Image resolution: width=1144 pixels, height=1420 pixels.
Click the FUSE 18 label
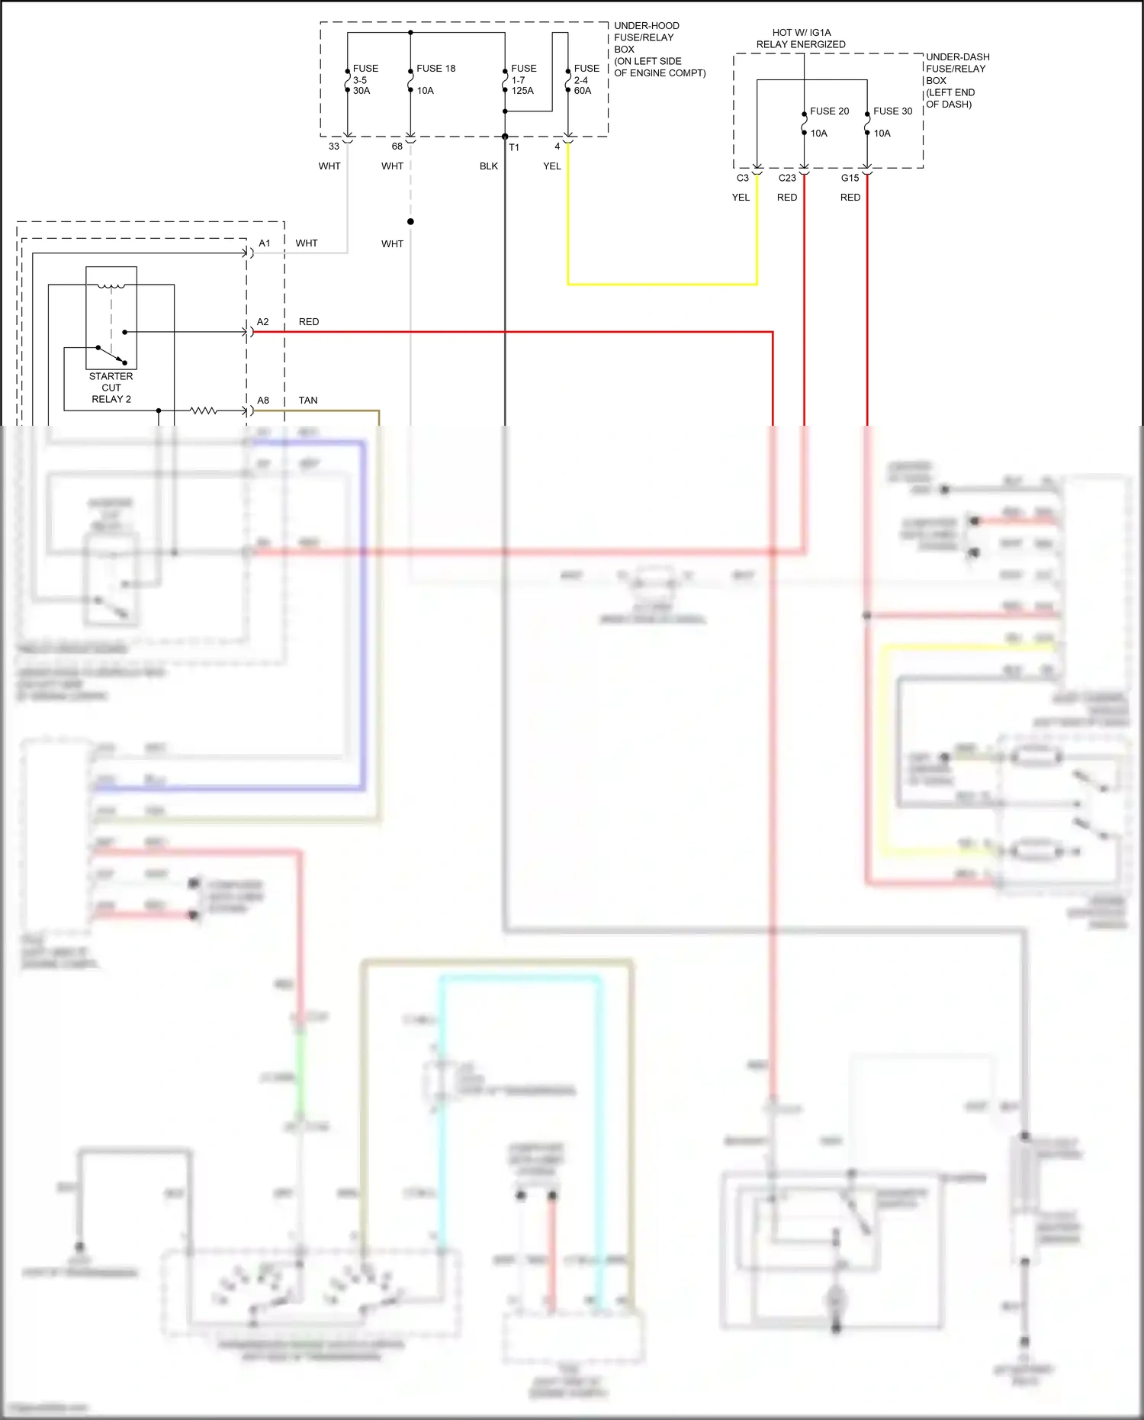(x=435, y=69)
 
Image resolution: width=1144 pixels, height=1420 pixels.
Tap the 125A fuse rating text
(x=522, y=91)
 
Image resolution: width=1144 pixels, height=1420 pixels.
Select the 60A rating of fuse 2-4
(x=583, y=91)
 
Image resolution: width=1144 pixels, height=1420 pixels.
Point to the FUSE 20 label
(x=829, y=111)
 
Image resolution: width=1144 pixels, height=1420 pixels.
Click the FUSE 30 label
(x=892, y=111)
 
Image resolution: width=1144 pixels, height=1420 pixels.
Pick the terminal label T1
(x=514, y=147)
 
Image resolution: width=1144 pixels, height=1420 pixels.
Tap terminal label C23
(x=787, y=178)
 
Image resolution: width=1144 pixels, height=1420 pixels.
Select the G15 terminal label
(x=850, y=178)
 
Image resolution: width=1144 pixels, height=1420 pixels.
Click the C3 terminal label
(x=742, y=178)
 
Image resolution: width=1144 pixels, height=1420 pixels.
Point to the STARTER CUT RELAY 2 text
(x=111, y=388)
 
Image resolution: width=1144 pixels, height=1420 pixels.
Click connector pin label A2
(x=263, y=322)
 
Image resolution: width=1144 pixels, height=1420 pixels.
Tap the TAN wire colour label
(x=308, y=401)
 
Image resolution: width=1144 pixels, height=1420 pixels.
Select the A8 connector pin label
(x=263, y=401)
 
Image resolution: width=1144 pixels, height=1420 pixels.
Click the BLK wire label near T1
(x=489, y=166)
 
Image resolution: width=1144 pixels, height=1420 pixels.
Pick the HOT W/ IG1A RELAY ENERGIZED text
(x=801, y=39)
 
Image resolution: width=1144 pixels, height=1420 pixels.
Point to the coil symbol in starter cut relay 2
(x=111, y=287)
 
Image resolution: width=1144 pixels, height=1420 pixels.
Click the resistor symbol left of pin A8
(x=204, y=411)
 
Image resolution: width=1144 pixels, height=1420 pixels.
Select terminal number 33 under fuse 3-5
(x=334, y=147)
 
